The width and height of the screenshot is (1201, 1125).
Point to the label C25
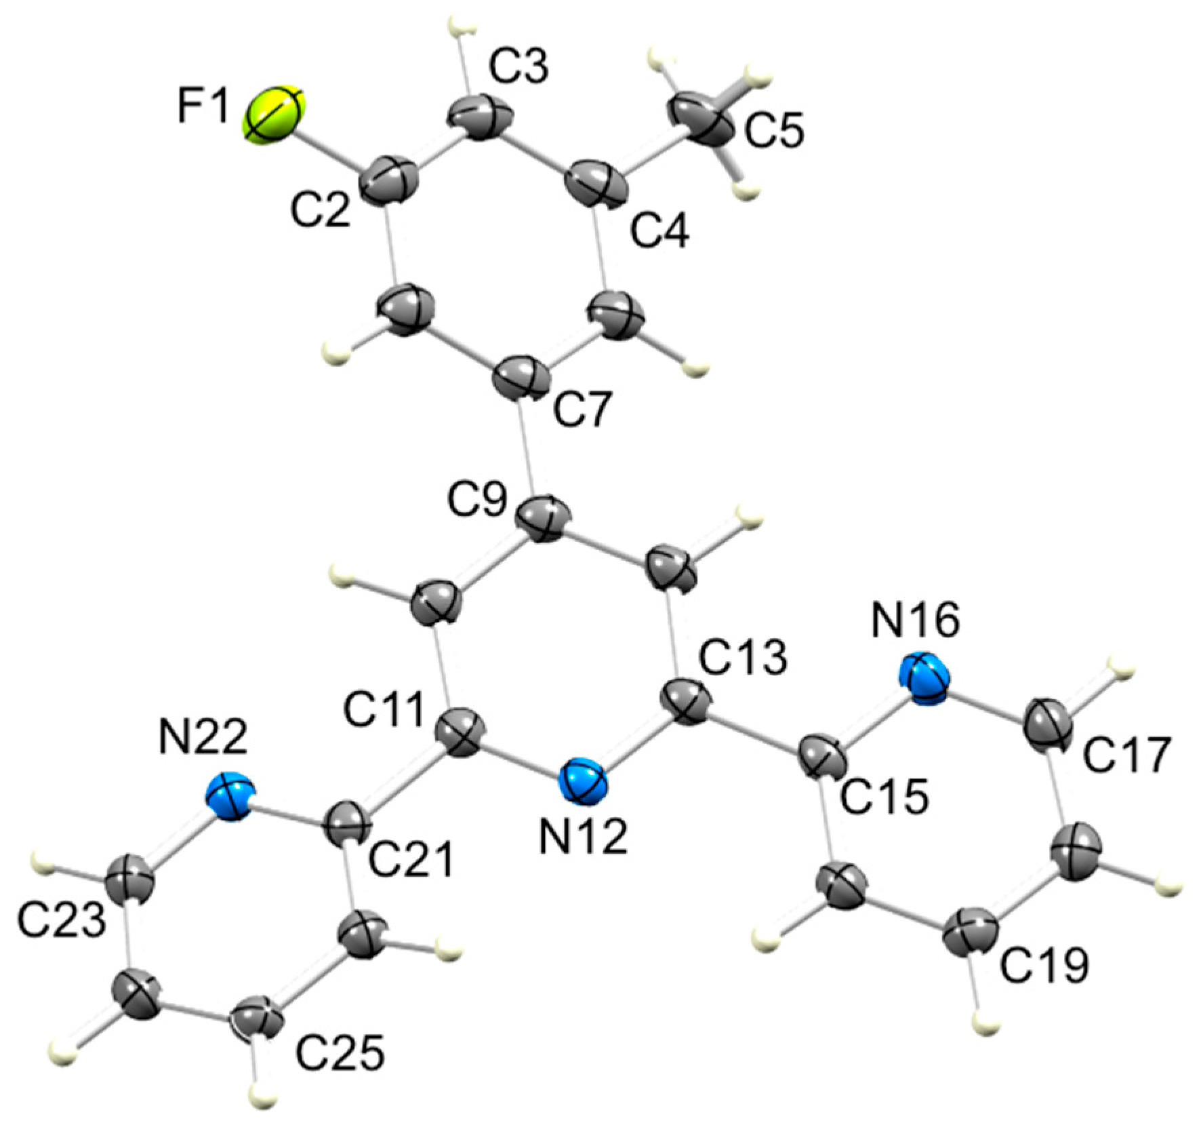point(339,1051)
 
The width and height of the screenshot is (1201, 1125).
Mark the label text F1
point(203,107)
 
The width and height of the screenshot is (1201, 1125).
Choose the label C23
point(61,921)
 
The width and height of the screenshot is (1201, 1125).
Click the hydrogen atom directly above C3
point(462,32)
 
